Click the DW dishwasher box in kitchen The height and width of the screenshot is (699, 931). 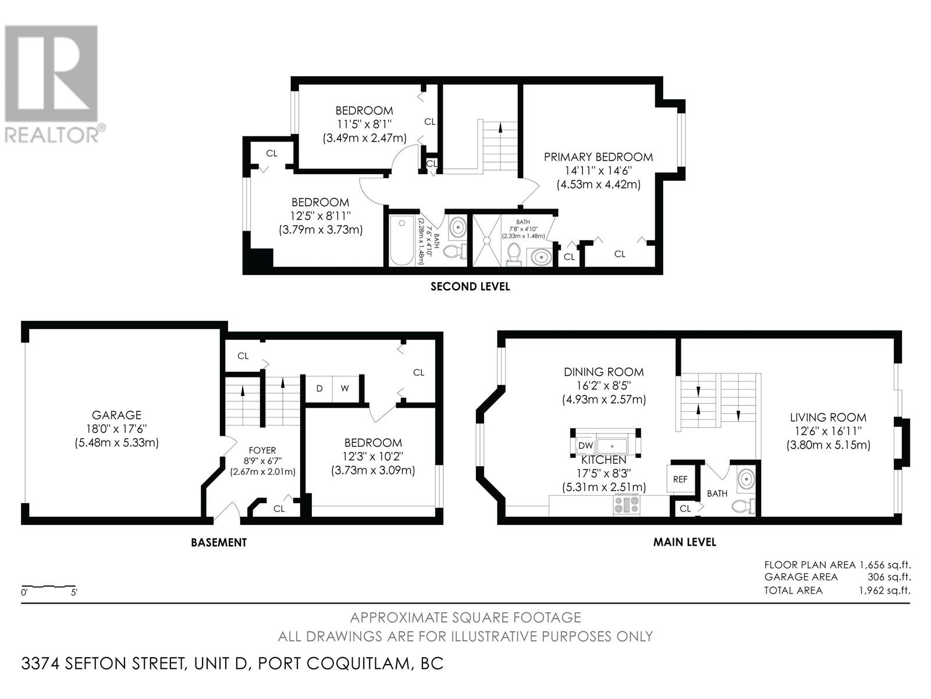pos(585,445)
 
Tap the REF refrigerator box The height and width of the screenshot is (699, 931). pos(680,479)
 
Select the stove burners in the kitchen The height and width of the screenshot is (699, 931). pos(626,504)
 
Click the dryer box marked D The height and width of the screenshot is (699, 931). pos(319,389)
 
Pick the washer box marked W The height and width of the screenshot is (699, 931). pos(345,389)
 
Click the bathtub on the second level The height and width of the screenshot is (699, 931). pos(401,240)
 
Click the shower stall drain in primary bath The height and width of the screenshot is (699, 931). pos(487,241)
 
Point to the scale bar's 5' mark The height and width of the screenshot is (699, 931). pos(74,592)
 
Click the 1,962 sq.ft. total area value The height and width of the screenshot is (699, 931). pos(885,590)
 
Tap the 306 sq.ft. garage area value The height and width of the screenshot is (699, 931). pos(889,577)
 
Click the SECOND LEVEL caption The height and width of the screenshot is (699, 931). pos(470,287)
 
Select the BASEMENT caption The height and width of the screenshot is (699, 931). pos(219,542)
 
